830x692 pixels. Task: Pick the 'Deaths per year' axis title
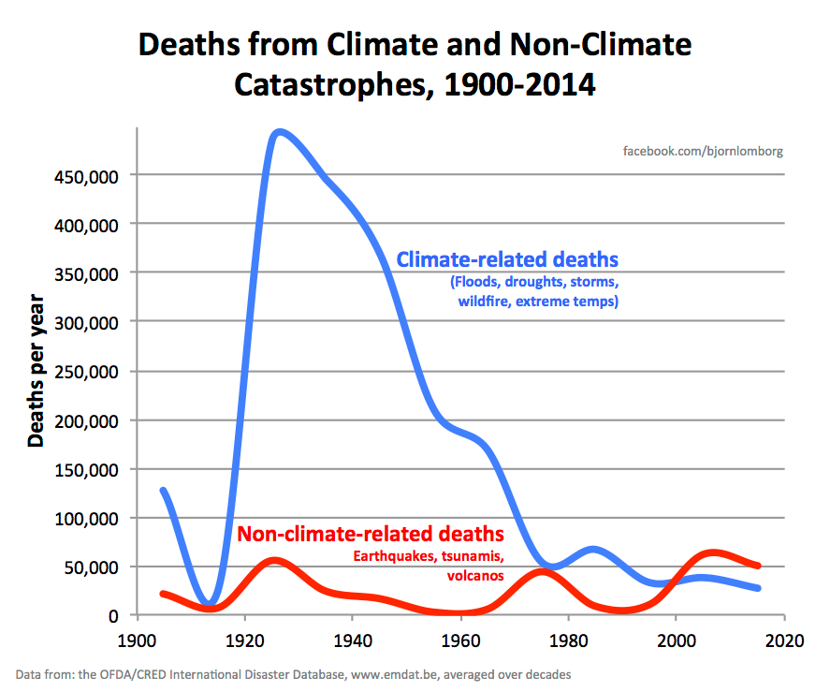36,370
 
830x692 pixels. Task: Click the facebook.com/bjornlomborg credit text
703,151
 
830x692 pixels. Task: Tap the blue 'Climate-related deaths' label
507,259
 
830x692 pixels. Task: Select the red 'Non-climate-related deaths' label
371,534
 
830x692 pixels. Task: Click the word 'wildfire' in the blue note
488,302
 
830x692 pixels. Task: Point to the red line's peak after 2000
713,553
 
